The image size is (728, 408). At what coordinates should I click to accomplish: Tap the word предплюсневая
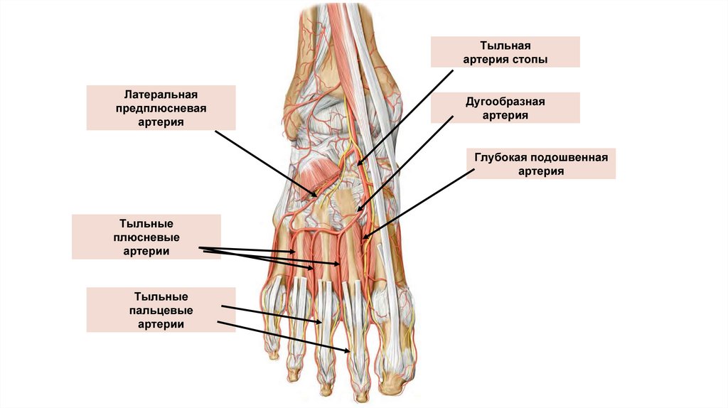[x=150, y=109]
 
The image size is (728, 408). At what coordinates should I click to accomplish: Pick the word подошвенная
[x=570, y=157]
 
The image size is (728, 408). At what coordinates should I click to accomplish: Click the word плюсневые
[x=146, y=237]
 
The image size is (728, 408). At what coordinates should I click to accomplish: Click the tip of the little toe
[x=271, y=352]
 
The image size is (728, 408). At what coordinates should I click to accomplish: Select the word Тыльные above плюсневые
[x=146, y=223]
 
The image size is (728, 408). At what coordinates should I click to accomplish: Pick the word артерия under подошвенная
[x=540, y=171]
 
